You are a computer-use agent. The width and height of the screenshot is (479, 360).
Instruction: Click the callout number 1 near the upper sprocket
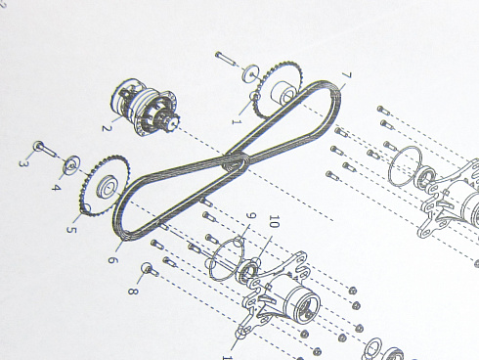click(237, 122)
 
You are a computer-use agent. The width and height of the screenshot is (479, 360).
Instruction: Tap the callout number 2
click(107, 128)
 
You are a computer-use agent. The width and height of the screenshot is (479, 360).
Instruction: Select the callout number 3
click(22, 163)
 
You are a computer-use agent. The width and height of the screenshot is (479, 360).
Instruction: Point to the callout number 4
click(56, 188)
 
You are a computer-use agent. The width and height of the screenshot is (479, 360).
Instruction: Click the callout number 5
click(71, 229)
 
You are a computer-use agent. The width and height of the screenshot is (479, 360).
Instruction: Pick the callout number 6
click(112, 260)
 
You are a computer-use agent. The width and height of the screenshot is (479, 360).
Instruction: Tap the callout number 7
click(346, 76)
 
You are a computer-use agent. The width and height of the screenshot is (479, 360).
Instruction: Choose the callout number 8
click(133, 291)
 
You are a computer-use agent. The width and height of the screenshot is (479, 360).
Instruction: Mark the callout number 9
click(251, 216)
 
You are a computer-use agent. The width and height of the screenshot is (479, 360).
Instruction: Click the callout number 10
click(275, 222)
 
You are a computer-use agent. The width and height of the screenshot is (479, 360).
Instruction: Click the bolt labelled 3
click(45, 149)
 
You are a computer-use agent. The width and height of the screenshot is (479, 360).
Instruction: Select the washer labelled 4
click(71, 164)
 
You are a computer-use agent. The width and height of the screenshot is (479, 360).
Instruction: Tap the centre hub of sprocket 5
click(108, 188)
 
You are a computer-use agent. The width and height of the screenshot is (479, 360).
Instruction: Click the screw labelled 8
click(150, 269)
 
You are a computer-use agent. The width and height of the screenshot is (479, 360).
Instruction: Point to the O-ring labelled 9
click(226, 259)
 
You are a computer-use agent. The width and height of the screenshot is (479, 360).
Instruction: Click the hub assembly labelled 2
click(145, 107)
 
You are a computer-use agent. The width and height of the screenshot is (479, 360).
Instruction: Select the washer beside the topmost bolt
click(250, 73)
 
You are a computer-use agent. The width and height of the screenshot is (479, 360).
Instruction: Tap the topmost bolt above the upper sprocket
click(226, 59)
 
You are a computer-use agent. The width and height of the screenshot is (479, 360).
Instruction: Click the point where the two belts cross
click(237, 160)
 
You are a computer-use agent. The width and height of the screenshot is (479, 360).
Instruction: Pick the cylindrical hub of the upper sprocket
click(283, 92)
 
